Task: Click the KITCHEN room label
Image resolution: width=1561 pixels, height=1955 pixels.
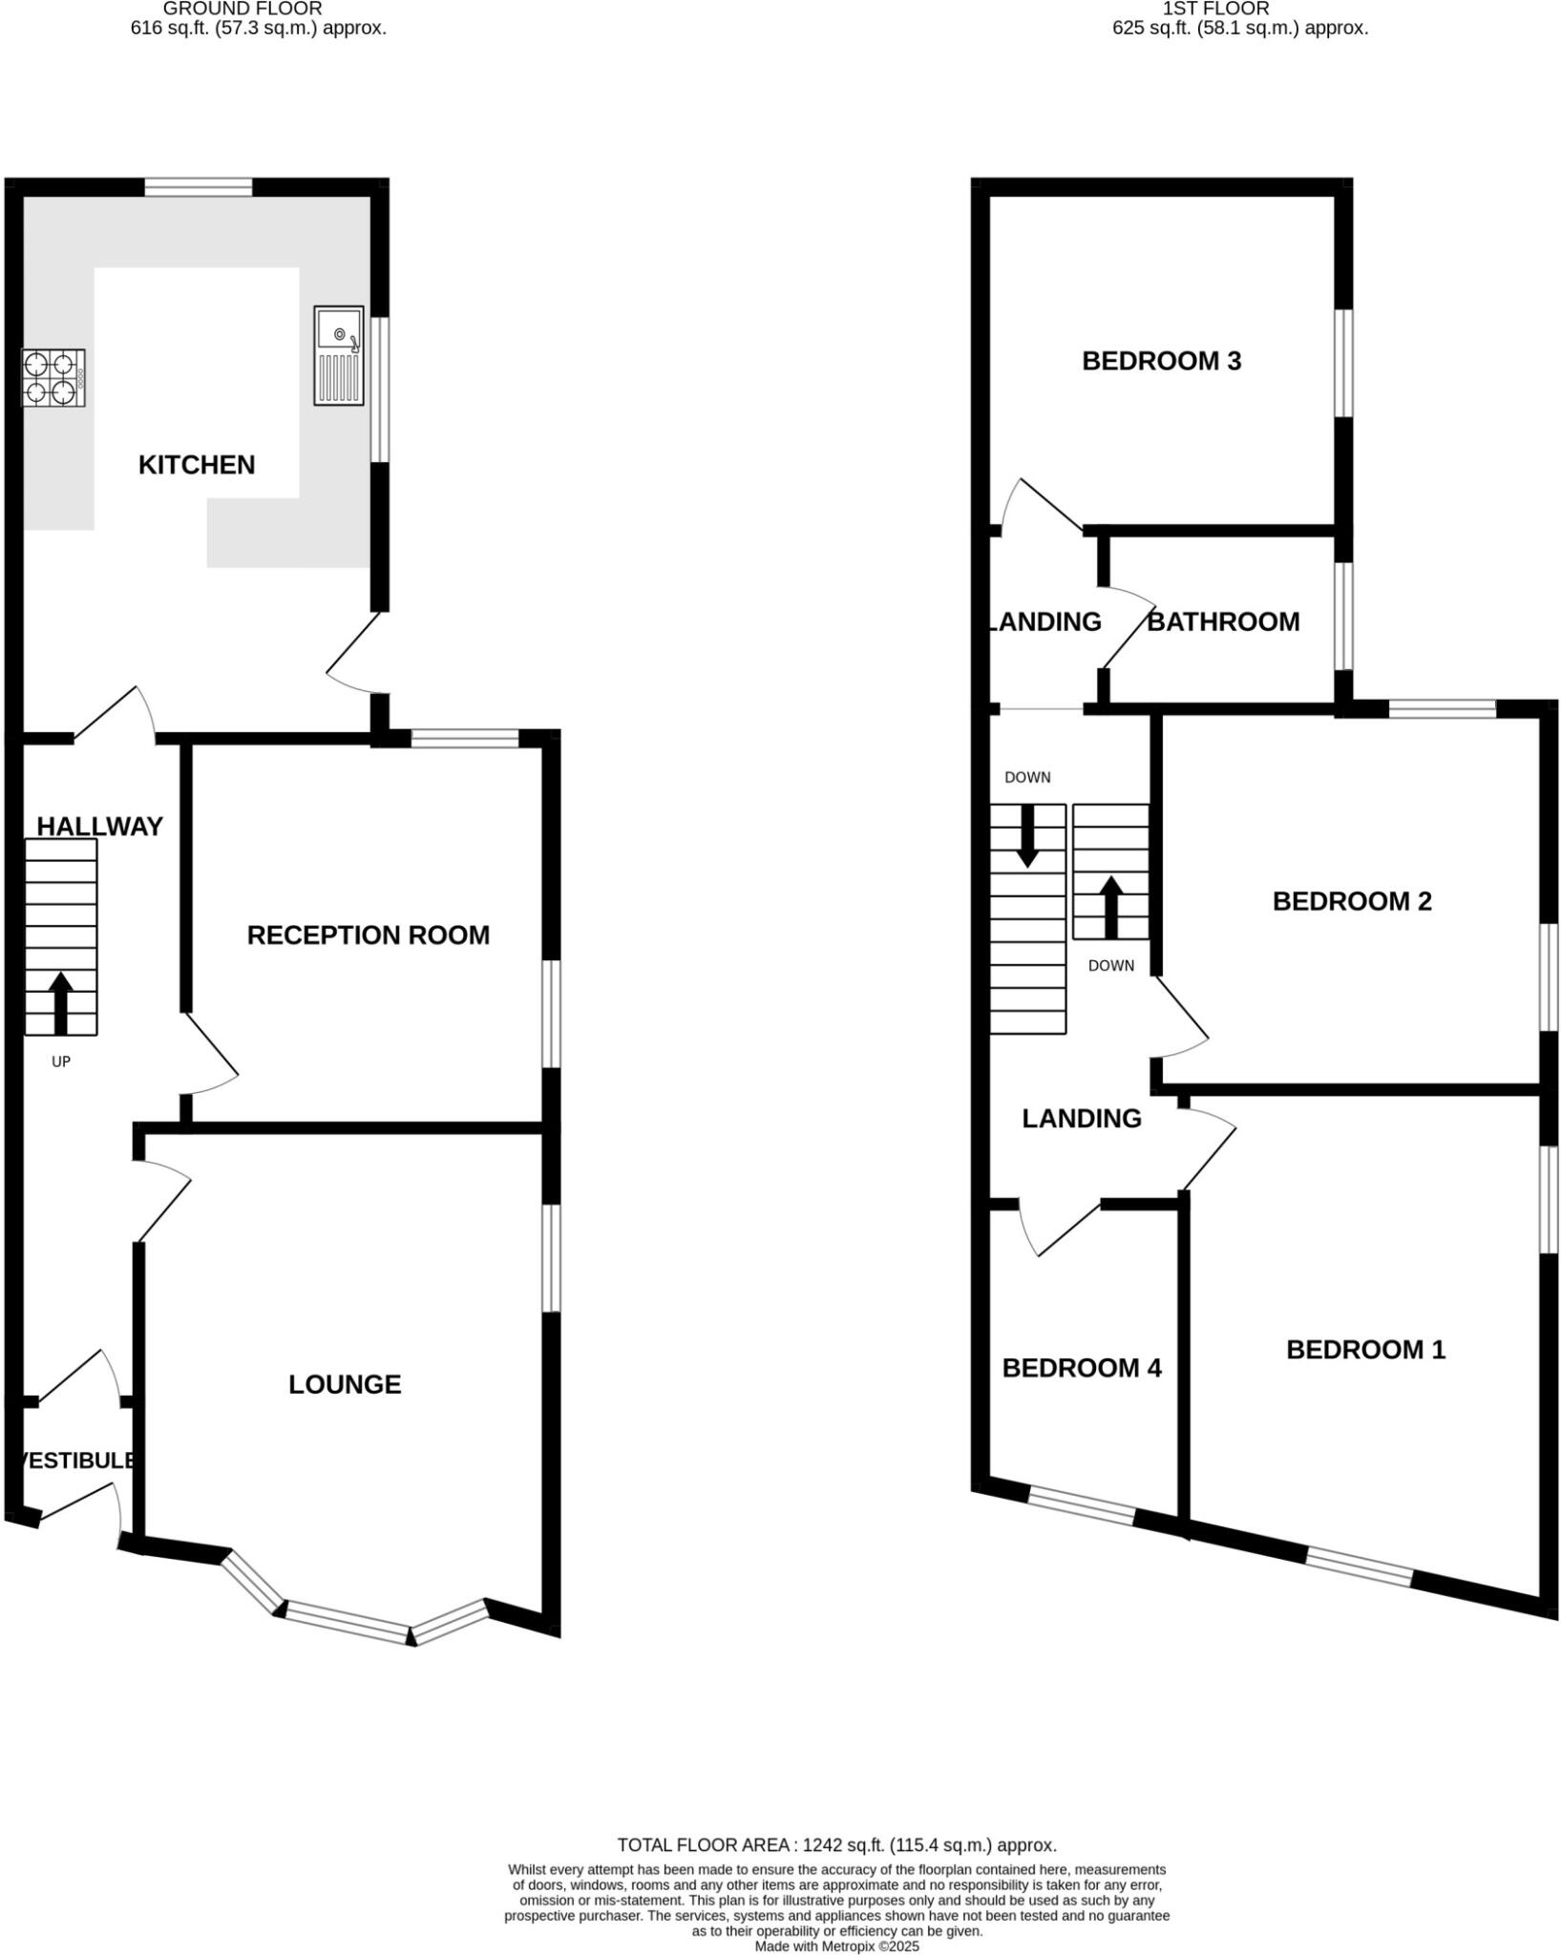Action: click(x=197, y=465)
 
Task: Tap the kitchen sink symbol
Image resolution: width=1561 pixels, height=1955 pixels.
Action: click(x=339, y=355)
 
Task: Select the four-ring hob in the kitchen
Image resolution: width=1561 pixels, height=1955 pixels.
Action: click(x=53, y=378)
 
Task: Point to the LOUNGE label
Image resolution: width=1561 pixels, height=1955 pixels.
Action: click(x=345, y=1384)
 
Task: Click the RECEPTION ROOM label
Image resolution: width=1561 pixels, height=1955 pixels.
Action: click(x=368, y=935)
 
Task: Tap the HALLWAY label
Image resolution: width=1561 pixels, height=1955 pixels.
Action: click(x=99, y=827)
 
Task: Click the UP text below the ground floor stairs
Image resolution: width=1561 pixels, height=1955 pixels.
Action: click(x=61, y=1062)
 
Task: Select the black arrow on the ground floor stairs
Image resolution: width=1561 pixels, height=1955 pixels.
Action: click(x=61, y=1002)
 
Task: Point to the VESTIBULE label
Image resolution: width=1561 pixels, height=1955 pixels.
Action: click(x=76, y=1461)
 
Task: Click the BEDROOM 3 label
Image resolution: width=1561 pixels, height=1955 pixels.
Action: click(x=1161, y=361)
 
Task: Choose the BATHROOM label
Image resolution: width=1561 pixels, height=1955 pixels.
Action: click(x=1223, y=622)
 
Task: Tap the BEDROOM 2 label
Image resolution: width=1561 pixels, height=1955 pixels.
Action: click(x=1352, y=901)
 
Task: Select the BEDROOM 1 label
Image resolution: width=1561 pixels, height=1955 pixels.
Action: click(x=1365, y=1350)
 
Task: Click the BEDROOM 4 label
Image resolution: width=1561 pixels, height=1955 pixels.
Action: click(x=1082, y=1368)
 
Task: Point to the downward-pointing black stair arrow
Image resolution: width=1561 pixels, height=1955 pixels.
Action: click(x=1027, y=835)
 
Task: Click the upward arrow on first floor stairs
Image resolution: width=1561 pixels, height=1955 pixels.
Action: click(x=1110, y=907)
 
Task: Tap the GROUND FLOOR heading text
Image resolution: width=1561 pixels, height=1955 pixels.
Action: click(x=243, y=9)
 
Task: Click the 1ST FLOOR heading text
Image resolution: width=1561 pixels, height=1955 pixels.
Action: click(x=1215, y=9)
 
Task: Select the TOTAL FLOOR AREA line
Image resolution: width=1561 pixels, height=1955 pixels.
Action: click(x=836, y=1845)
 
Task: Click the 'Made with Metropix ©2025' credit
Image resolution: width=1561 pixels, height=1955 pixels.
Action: click(x=836, y=1946)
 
